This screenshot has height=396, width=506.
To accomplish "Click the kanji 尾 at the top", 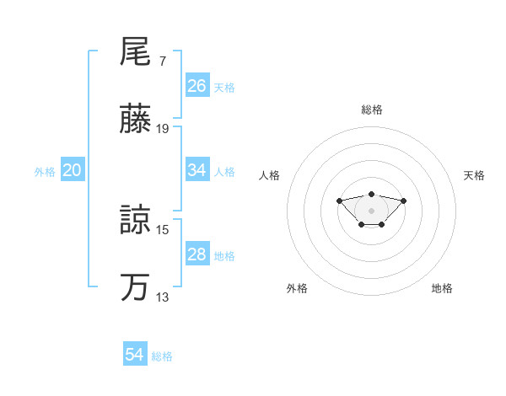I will [135, 53].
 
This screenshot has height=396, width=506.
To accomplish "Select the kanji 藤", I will [135, 121].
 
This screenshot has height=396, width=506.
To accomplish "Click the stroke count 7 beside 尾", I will [162, 62].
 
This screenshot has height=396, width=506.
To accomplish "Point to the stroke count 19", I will [163, 129].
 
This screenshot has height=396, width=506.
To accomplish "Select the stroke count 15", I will [163, 228].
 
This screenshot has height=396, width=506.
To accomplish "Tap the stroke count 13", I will [163, 297].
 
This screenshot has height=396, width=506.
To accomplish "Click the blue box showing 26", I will [197, 86].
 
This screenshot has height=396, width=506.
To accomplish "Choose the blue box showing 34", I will [197, 170].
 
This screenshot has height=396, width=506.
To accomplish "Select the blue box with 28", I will [197, 254].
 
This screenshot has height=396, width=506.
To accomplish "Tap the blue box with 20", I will [73, 170].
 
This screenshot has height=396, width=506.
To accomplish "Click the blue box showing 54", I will [135, 356].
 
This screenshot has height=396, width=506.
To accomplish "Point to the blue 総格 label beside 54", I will [162, 356].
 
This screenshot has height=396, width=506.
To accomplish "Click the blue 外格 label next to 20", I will [45, 172].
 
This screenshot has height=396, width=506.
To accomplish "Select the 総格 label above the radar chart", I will [371, 110].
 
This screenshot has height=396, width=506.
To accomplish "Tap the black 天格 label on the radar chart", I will [474, 175].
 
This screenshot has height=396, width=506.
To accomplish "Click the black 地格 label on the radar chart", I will [442, 289].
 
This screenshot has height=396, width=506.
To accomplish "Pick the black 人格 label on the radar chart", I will [269, 175].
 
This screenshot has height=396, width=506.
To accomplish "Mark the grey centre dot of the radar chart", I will [371, 210].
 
